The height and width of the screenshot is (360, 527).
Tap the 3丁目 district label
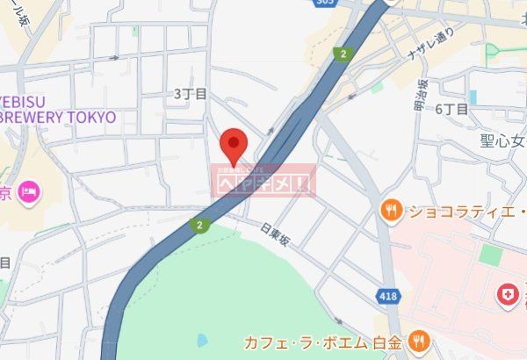pyautogui.click(x=189, y=93)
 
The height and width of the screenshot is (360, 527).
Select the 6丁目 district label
pyautogui.click(x=451, y=109)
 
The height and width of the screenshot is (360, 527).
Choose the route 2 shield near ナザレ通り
pyautogui.click(x=340, y=54)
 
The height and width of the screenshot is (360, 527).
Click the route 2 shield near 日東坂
pyautogui.click(x=200, y=226)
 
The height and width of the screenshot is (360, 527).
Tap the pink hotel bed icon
pyautogui.click(x=29, y=191)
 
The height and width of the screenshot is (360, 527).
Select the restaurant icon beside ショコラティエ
pyautogui.click(x=392, y=211)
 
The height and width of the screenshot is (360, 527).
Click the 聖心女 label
pyautogui.click(x=502, y=140)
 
